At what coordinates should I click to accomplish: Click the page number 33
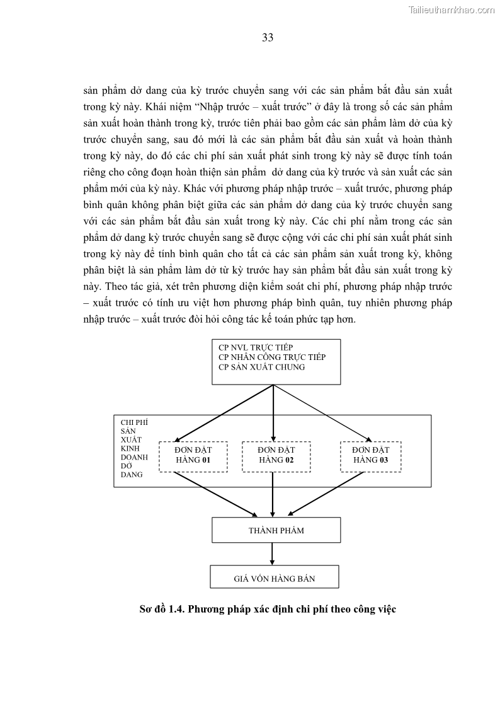pyautogui.click(x=267, y=37)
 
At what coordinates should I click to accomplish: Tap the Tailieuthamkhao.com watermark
pyautogui.click(x=452, y=9)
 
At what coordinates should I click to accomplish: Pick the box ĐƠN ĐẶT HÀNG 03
pyautogui.click(x=370, y=455)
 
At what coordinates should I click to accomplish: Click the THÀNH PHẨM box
pyautogui.click(x=276, y=530)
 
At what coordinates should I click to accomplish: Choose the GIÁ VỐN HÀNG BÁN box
pyautogui.click(x=274, y=577)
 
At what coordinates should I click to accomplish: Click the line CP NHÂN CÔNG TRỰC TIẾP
pyautogui.click(x=271, y=357)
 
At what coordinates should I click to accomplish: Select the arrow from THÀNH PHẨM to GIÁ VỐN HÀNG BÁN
pyautogui.click(x=272, y=554)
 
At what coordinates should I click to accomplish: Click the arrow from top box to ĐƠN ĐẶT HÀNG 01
pyautogui.click(x=224, y=412)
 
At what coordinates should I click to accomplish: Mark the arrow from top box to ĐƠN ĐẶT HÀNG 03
pyautogui.click(x=322, y=412)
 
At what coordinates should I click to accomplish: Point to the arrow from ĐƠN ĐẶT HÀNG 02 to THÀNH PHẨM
pyautogui.click(x=272, y=495)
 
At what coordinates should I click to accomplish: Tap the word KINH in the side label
pyautogui.click(x=129, y=448)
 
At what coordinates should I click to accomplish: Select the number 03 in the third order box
pyautogui.click(x=384, y=460)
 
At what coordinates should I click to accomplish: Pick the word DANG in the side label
pyautogui.click(x=132, y=475)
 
